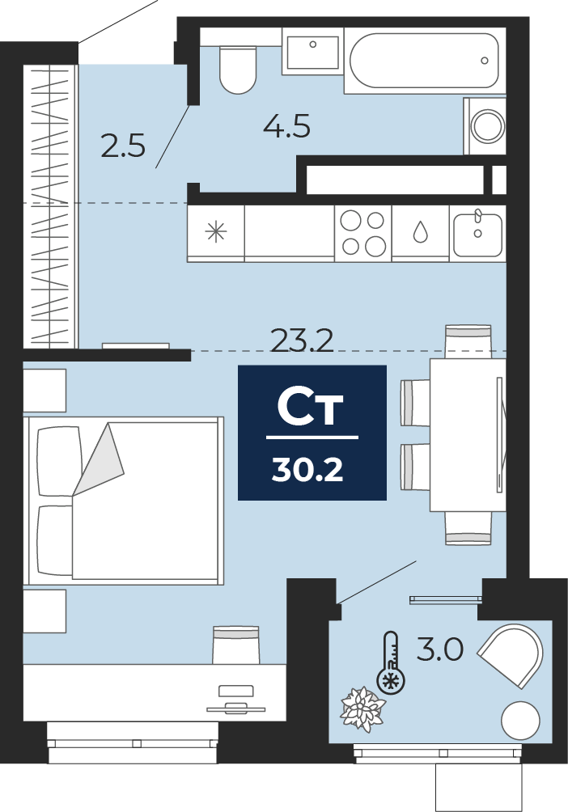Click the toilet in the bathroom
[238, 70]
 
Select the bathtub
[425, 61]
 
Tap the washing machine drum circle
[487, 126]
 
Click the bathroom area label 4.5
[286, 126]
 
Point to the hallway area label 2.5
[123, 146]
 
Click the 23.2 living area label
[302, 340]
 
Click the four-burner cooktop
[362, 233]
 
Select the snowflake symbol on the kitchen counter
[215, 231]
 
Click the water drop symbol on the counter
[420, 232]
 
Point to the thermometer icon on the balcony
[392, 663]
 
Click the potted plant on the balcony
[362, 709]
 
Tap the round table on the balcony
[520, 721]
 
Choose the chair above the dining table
[468, 341]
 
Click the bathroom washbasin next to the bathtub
[312, 52]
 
